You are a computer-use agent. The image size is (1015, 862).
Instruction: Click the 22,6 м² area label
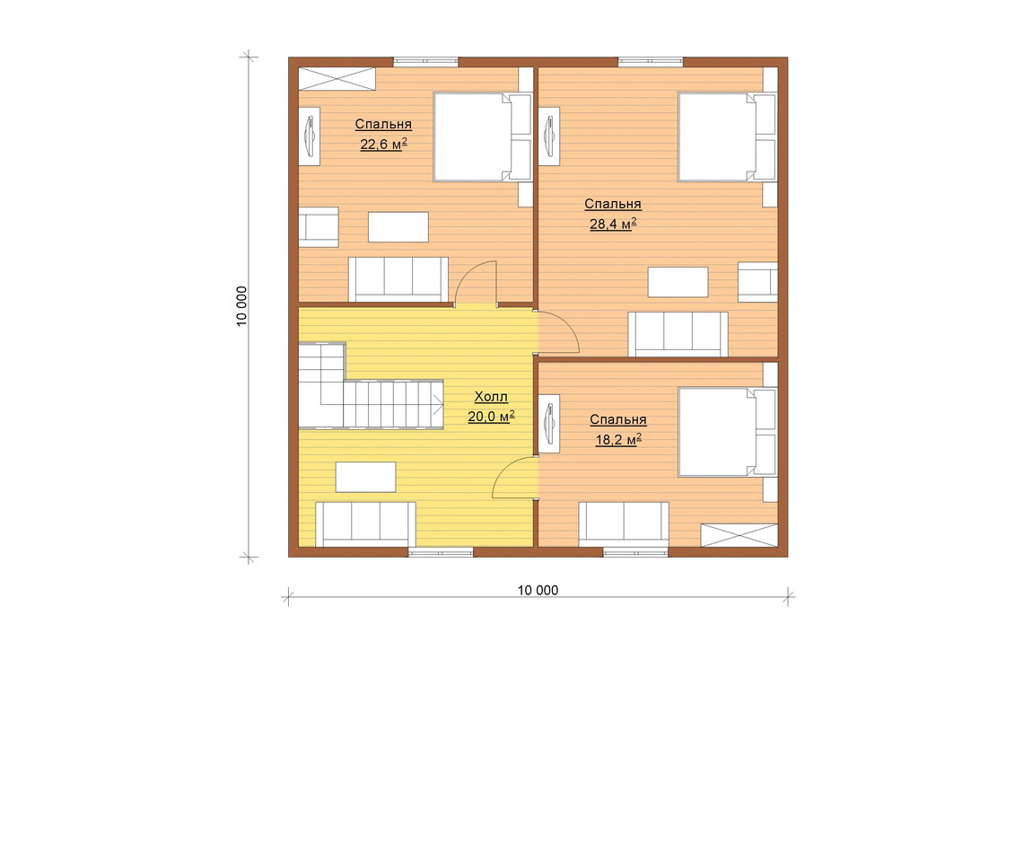tap(383, 144)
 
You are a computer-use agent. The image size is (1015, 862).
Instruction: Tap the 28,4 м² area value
tap(612, 224)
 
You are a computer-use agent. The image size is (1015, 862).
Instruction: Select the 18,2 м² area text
tap(618, 440)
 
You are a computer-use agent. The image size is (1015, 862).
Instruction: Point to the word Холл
tap(491, 396)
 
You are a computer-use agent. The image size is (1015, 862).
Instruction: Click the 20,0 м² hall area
tap(491, 417)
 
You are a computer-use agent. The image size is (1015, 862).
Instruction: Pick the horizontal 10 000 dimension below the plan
tap(538, 590)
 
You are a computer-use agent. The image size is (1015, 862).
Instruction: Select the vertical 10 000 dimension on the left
tap(241, 306)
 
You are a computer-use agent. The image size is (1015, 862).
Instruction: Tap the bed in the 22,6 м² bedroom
tap(482, 137)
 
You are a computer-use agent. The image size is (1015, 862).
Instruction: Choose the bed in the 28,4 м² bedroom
tap(727, 137)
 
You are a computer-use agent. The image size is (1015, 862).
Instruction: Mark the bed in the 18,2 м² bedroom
tap(727, 432)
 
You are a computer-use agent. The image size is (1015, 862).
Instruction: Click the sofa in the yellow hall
tap(366, 524)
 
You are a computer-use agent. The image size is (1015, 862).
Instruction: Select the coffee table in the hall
tap(366, 477)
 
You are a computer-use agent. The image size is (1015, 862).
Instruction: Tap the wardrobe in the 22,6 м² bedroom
tap(337, 78)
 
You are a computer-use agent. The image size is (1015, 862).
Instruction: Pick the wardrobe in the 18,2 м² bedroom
tap(739, 535)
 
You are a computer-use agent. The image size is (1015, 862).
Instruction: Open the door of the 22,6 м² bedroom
tap(476, 284)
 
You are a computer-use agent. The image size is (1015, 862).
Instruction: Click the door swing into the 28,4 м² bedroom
tap(558, 333)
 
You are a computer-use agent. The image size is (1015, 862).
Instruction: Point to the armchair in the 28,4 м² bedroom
tap(758, 282)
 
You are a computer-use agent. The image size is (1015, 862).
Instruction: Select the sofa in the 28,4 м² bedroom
tap(678, 334)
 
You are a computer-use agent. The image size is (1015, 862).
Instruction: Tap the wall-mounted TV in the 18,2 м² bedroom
tap(549, 423)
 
